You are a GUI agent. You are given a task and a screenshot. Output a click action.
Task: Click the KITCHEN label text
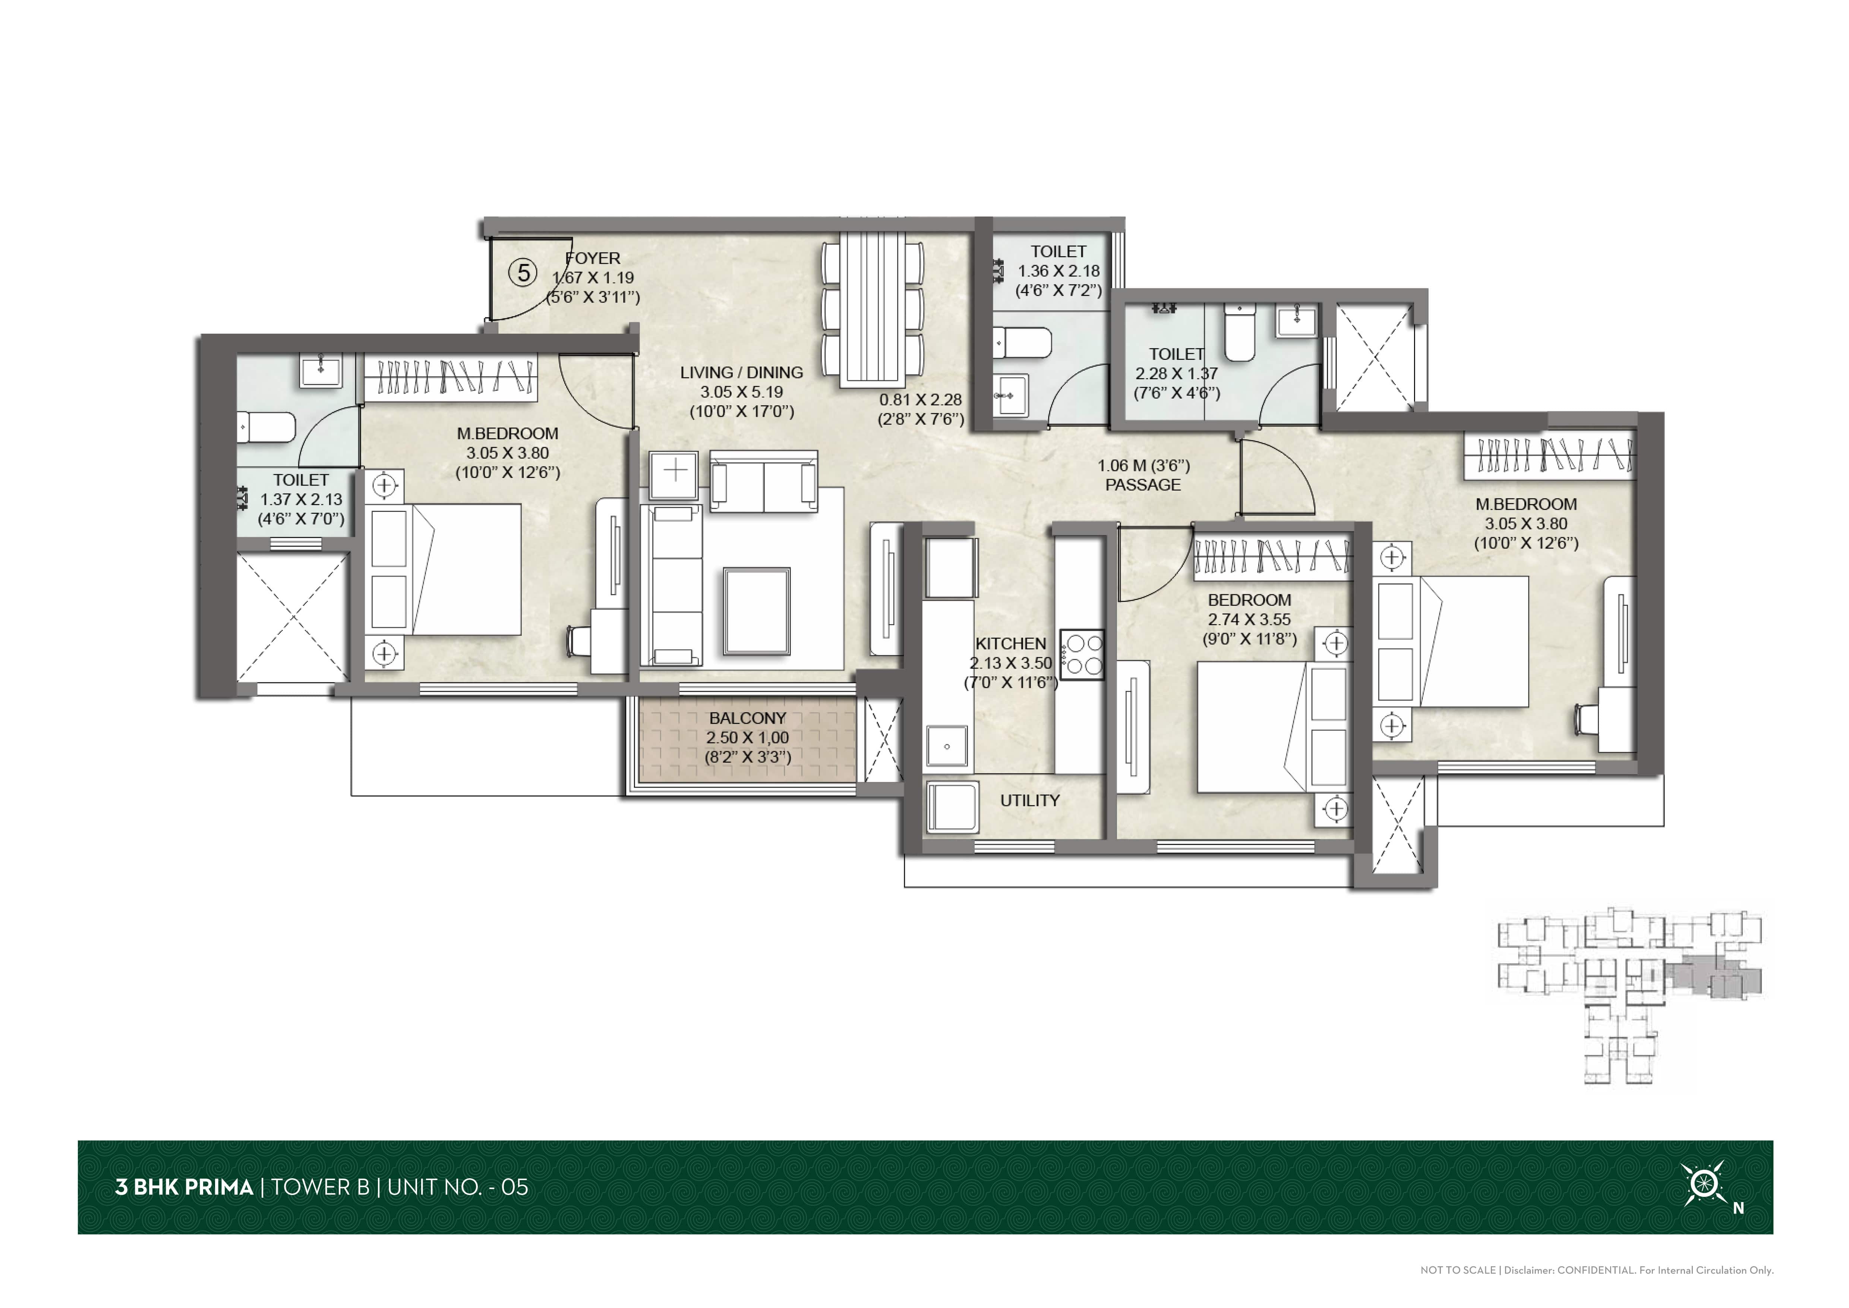click(x=1011, y=644)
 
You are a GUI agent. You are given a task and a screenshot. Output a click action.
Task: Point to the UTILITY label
click(x=1030, y=801)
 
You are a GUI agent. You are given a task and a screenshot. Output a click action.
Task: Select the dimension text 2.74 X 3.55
click(x=1249, y=619)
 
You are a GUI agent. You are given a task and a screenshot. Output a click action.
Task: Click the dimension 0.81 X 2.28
click(x=921, y=399)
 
